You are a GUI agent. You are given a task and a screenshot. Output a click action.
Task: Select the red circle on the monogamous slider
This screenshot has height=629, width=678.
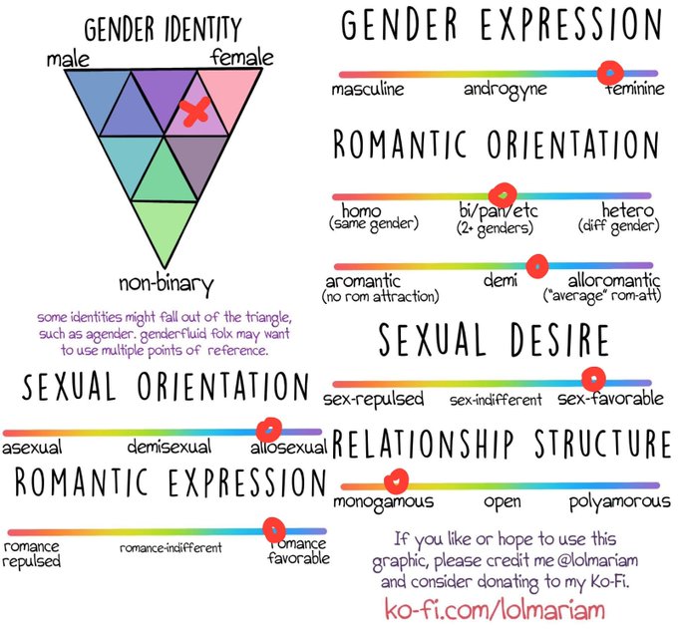point(397,481)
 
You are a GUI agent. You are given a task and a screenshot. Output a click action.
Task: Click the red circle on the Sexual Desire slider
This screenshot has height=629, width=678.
point(593,379)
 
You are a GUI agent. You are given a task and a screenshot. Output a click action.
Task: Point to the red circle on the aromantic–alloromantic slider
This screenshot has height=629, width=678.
point(537,265)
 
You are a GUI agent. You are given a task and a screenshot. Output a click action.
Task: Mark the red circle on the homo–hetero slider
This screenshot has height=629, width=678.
point(503,192)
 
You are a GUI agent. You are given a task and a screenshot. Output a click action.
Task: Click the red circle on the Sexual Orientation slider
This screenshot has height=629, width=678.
point(268,429)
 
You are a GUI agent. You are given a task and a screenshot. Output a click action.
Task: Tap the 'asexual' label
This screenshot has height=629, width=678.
point(32,449)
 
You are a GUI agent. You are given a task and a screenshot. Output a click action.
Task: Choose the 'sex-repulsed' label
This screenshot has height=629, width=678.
point(374,400)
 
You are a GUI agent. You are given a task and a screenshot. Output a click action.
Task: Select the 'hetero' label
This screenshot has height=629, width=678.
point(628,212)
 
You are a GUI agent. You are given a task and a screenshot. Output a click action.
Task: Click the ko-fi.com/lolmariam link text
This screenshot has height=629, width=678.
point(495,606)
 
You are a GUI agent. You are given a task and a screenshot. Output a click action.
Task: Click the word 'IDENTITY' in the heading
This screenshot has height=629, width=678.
point(205,27)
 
